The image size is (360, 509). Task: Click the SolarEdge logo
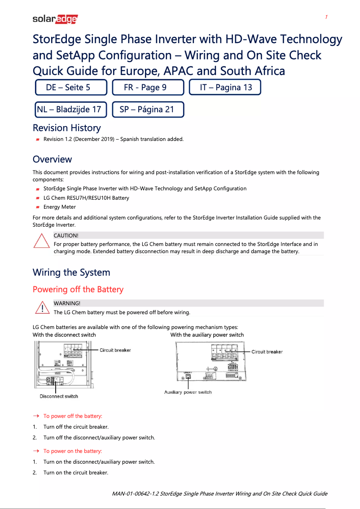tap(55, 19)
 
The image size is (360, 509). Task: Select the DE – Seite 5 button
tap(71, 88)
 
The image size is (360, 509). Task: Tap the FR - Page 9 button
tap(148, 88)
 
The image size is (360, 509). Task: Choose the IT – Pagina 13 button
tap(225, 88)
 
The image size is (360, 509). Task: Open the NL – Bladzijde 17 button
tap(71, 110)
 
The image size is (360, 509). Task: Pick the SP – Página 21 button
tap(148, 110)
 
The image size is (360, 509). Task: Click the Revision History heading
tap(66, 128)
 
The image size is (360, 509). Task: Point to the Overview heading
tap(52, 159)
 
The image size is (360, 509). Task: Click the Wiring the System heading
tap(71, 272)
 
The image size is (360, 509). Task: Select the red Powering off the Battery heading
tap(78, 290)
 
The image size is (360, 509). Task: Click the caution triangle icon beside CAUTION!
tap(41, 241)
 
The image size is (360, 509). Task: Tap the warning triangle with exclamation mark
tap(41, 307)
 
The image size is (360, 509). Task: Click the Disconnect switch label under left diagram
tap(59, 396)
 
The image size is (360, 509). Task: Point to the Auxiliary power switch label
tap(188, 392)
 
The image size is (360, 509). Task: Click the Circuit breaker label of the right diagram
tap(267, 352)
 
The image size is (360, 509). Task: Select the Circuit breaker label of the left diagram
tap(115, 350)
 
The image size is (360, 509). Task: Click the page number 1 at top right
tap(326, 17)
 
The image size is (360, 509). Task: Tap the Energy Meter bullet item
tap(59, 207)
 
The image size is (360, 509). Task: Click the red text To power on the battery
tap(72, 451)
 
